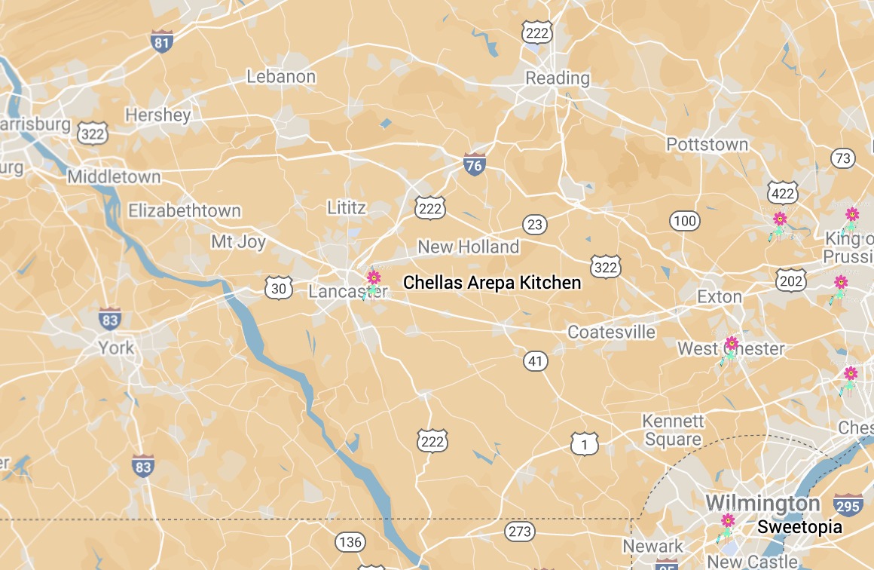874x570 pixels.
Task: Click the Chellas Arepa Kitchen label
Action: click(x=492, y=283)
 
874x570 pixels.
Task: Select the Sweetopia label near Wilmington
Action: click(x=799, y=527)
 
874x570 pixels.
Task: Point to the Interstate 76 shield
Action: click(x=474, y=164)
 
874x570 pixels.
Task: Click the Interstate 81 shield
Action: click(x=161, y=41)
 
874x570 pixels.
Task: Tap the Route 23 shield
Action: click(x=534, y=224)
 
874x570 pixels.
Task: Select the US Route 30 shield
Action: click(x=279, y=287)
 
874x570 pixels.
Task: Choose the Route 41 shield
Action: click(x=535, y=362)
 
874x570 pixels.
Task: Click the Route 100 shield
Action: click(x=684, y=221)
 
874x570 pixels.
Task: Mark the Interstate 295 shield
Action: click(x=848, y=505)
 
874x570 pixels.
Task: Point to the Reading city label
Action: click(x=558, y=78)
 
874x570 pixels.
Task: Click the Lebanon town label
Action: click(x=281, y=77)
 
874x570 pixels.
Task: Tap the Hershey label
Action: click(x=158, y=115)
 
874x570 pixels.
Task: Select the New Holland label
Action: click(x=469, y=247)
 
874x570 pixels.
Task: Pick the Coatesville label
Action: click(x=611, y=332)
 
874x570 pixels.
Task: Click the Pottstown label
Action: click(x=707, y=144)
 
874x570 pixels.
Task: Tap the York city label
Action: click(x=117, y=348)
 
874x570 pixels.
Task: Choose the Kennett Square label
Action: click(x=673, y=430)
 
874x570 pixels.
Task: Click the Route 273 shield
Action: click(x=519, y=532)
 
